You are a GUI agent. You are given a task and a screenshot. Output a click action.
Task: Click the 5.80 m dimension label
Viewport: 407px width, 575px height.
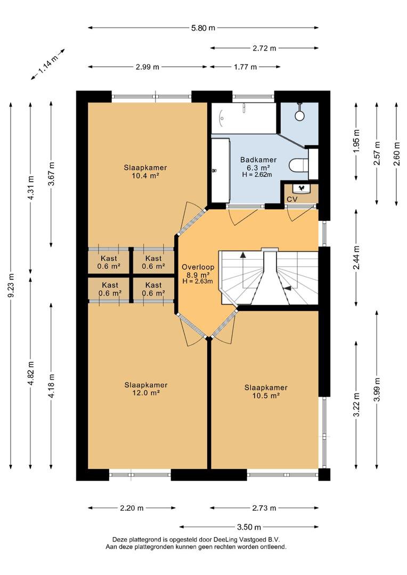203,28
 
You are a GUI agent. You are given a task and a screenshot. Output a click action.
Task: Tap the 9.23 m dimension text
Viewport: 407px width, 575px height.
11,286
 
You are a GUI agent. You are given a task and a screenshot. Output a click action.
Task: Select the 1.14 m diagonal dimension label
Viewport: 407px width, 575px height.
48,65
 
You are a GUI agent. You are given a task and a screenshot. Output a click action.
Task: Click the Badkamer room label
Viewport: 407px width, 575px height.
258,160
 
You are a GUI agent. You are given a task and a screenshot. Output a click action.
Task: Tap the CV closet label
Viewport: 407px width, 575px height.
292,200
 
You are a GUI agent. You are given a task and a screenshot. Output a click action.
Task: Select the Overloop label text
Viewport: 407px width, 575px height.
198,267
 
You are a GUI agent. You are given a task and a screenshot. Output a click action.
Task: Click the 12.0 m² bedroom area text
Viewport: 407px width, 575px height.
146,393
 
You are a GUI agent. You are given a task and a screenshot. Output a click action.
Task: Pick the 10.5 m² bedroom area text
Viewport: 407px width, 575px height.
266,396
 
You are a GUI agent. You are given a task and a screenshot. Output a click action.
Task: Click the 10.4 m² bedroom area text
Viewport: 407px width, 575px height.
145,176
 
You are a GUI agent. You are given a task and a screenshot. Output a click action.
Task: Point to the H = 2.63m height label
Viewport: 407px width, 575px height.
198,281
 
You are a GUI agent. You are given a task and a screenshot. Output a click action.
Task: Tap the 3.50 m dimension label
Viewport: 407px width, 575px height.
249,527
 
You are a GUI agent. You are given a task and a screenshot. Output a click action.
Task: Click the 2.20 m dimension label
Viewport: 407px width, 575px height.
132,508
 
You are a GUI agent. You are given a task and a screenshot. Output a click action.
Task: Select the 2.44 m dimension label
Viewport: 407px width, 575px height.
356,258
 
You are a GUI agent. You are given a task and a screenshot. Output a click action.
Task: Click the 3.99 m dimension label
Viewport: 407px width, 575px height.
377,389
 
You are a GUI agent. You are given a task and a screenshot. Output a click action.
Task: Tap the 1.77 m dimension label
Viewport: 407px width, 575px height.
245,67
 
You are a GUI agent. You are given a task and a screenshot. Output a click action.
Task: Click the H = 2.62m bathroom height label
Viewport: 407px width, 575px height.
257,175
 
